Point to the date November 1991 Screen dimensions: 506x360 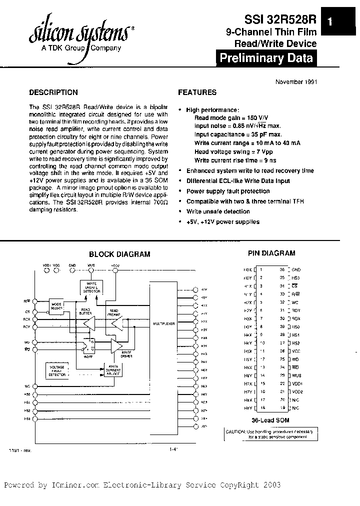click(296, 82)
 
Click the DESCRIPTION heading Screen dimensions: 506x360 click(53, 92)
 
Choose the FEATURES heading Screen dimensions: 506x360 click(197, 92)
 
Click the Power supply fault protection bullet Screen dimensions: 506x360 click(228, 191)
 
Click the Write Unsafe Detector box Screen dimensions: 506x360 click(91, 286)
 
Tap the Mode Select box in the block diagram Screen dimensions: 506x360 click(56, 305)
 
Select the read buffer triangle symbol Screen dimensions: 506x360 click(90, 324)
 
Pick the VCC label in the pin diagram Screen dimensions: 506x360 click(296, 350)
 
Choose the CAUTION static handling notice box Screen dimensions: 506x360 click(269, 434)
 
